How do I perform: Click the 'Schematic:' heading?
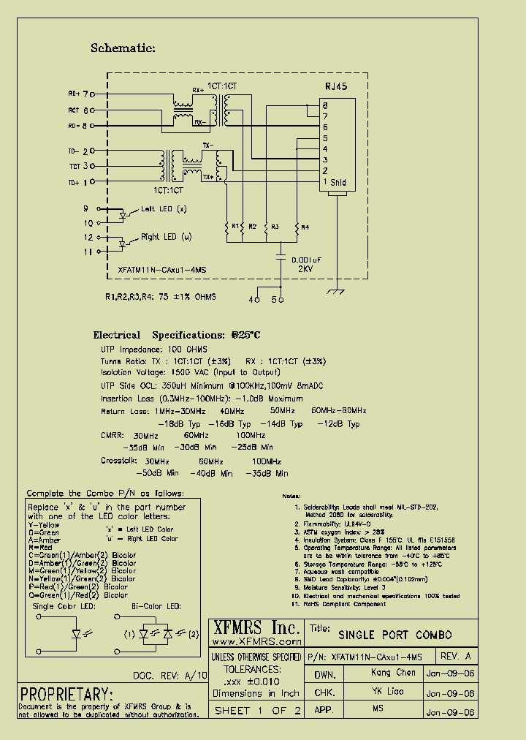[x=123, y=48]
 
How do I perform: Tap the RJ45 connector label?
[x=335, y=87]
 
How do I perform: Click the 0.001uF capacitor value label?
[x=308, y=260]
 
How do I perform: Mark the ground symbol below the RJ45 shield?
[x=337, y=292]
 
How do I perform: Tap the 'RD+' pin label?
[x=74, y=94]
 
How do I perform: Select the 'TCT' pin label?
[x=74, y=167]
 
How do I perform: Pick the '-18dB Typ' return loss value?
[x=179, y=423]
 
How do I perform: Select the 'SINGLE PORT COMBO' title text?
[x=395, y=635]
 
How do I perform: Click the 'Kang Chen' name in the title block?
[x=393, y=673]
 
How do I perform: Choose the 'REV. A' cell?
[x=457, y=656]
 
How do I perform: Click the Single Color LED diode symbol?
[x=75, y=634]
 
